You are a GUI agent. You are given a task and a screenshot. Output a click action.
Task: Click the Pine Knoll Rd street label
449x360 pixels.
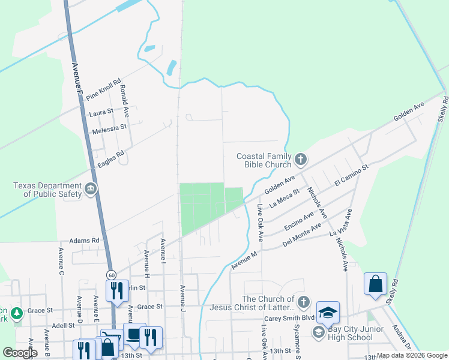104,89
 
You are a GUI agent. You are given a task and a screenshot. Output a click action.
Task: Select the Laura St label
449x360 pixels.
101,112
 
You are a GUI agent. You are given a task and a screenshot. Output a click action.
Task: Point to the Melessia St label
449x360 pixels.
109,127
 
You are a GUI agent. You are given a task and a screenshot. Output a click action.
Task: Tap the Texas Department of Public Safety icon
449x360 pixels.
91,189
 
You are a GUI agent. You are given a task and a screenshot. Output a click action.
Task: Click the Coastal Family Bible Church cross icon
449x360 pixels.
301,159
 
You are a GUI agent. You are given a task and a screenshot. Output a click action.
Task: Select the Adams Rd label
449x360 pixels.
84,240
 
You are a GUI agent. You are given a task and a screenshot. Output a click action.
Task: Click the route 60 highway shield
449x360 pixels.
112,274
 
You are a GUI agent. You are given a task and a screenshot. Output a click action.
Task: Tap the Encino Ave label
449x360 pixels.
300,221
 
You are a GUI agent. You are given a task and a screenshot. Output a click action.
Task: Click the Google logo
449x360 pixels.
20,353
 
